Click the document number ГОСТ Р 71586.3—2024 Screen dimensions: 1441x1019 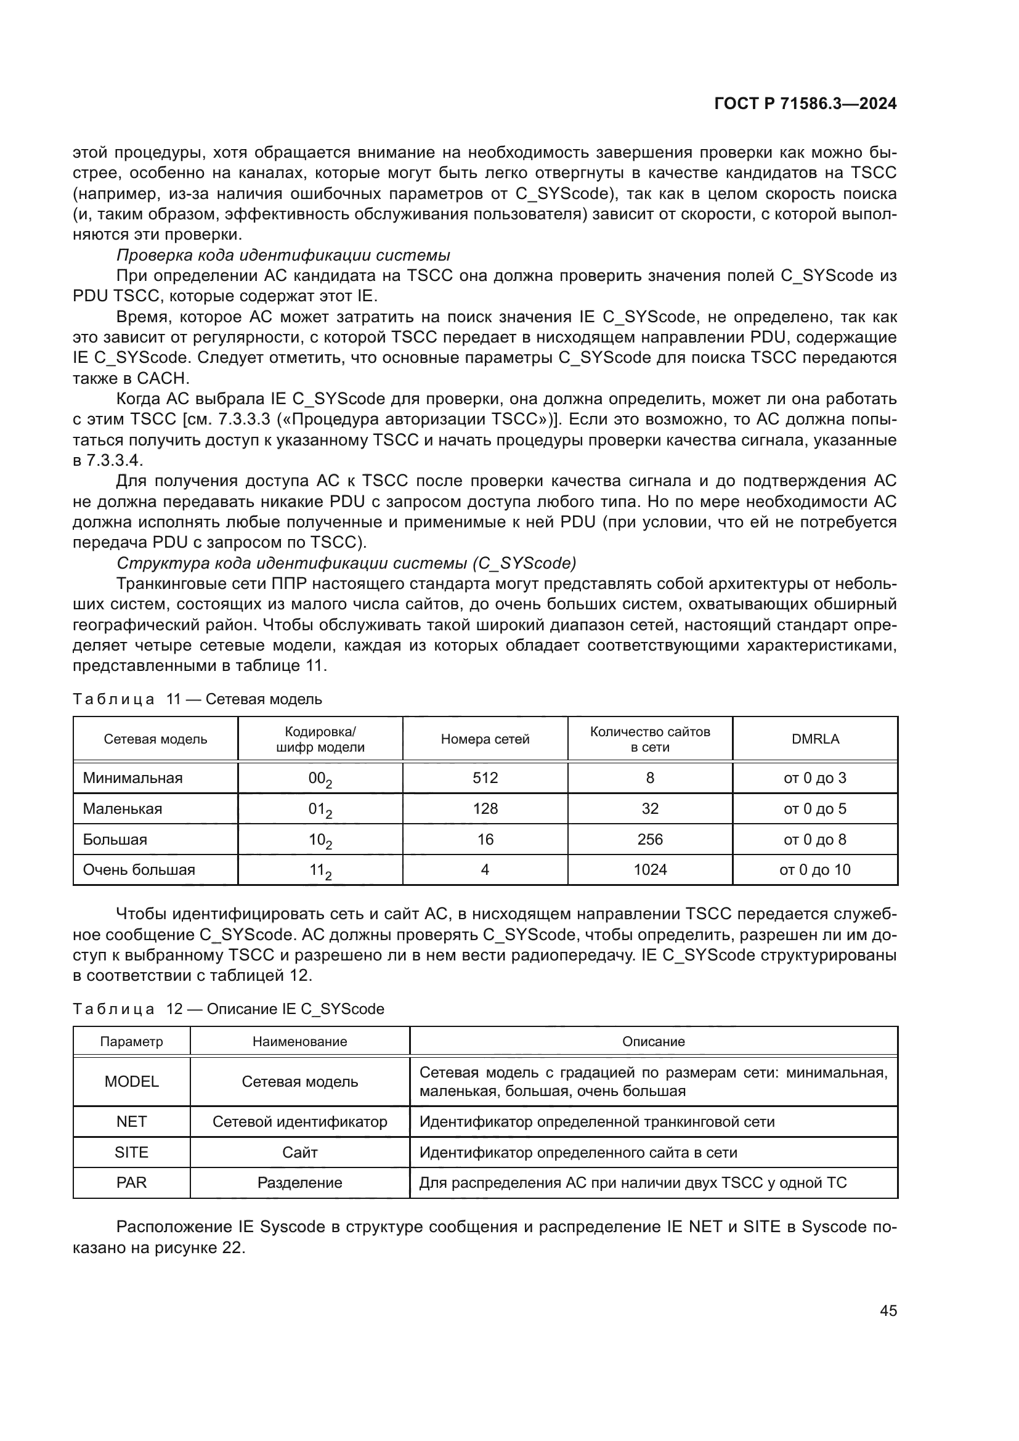coord(805,104)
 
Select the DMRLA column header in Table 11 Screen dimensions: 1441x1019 coord(815,739)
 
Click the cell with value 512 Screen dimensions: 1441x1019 coord(485,777)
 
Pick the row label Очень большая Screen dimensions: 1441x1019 coord(139,869)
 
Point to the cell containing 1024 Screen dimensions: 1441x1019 coord(649,869)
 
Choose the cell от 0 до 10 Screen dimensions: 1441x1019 coord(814,869)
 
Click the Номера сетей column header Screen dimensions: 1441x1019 coord(485,739)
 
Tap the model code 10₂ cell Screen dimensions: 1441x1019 coord(320,840)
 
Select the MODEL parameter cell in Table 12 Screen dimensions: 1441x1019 coord(132,1081)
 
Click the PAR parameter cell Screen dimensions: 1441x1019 coord(132,1182)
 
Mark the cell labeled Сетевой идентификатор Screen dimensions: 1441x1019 coord(300,1121)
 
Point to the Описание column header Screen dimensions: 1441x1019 coord(653,1041)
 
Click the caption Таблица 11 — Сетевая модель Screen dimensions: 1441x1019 coord(197,699)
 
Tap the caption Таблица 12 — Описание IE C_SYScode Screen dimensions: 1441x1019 coord(229,1009)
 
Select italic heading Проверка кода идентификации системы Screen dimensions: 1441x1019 coord(283,256)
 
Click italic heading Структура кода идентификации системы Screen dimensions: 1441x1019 coord(346,563)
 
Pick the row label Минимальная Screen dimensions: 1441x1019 coord(132,777)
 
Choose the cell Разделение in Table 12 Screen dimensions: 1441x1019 coord(300,1182)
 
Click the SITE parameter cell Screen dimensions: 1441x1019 coord(132,1152)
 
